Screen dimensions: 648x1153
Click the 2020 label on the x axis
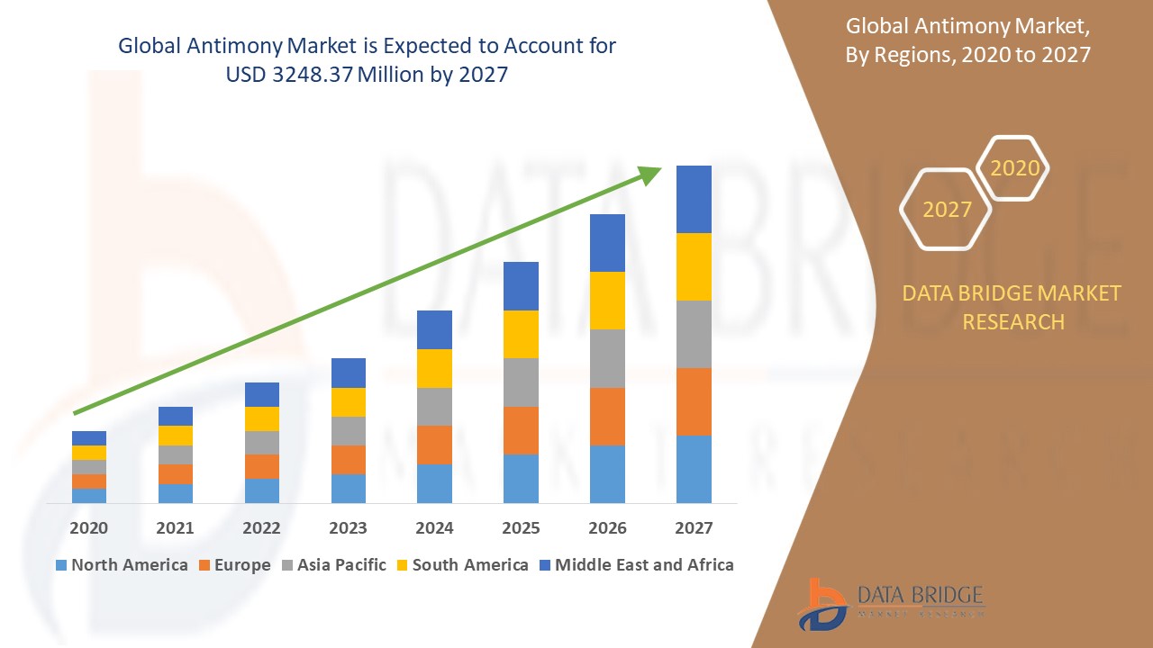(x=89, y=528)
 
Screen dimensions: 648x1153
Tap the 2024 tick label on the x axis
(x=435, y=528)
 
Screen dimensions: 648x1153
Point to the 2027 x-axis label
(x=694, y=528)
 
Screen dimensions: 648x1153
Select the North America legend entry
(x=122, y=565)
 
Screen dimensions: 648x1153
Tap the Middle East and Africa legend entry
(x=636, y=565)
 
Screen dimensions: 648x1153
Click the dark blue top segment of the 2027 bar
(x=694, y=199)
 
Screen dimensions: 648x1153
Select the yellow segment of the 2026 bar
(x=607, y=301)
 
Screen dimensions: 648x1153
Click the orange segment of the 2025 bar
(x=521, y=430)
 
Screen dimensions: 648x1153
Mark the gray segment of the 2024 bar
(x=434, y=407)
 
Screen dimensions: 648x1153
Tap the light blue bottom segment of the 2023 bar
(x=349, y=488)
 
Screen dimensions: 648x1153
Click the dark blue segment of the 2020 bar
(x=89, y=438)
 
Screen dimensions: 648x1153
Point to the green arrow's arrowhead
(x=649, y=175)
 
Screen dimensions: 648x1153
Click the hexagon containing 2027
(x=946, y=209)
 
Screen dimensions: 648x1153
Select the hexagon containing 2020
(x=1014, y=168)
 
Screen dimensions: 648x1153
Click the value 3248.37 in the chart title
(x=311, y=75)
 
